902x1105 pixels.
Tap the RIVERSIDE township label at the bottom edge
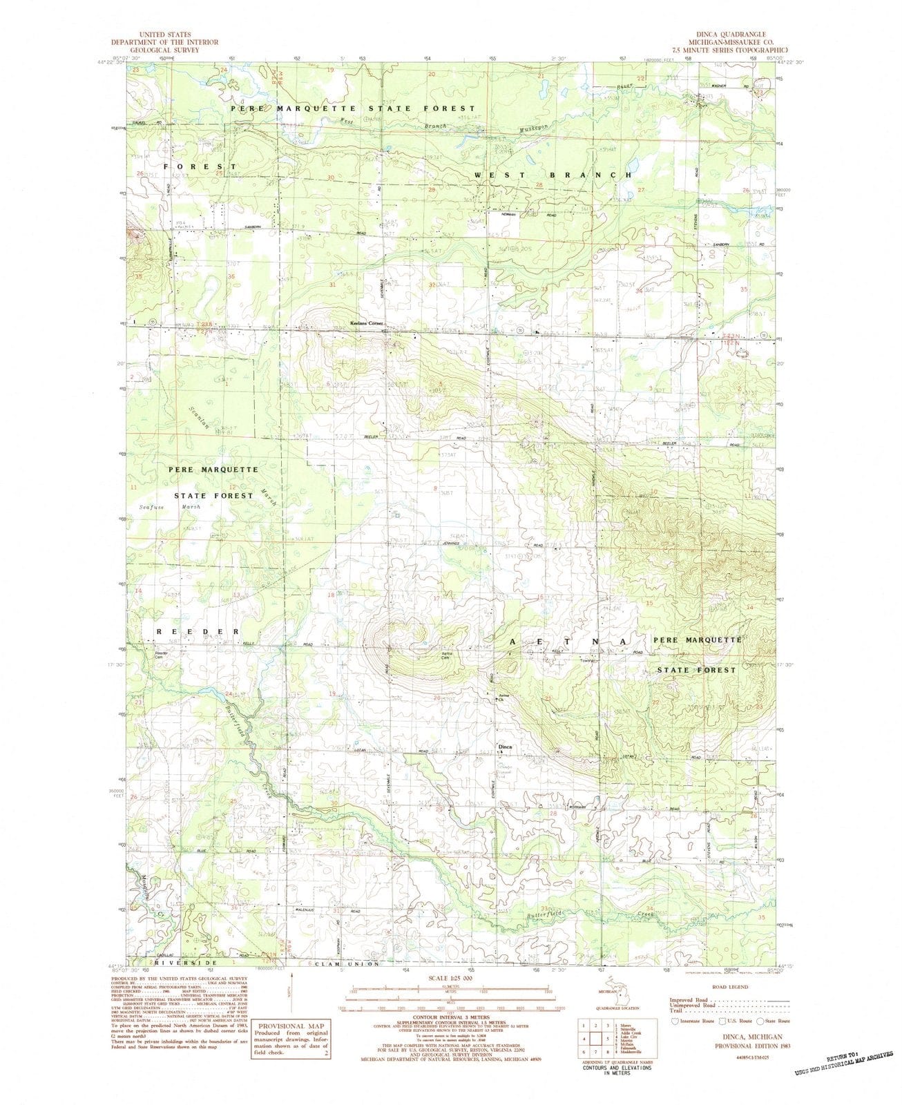179,962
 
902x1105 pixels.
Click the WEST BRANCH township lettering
553,175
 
